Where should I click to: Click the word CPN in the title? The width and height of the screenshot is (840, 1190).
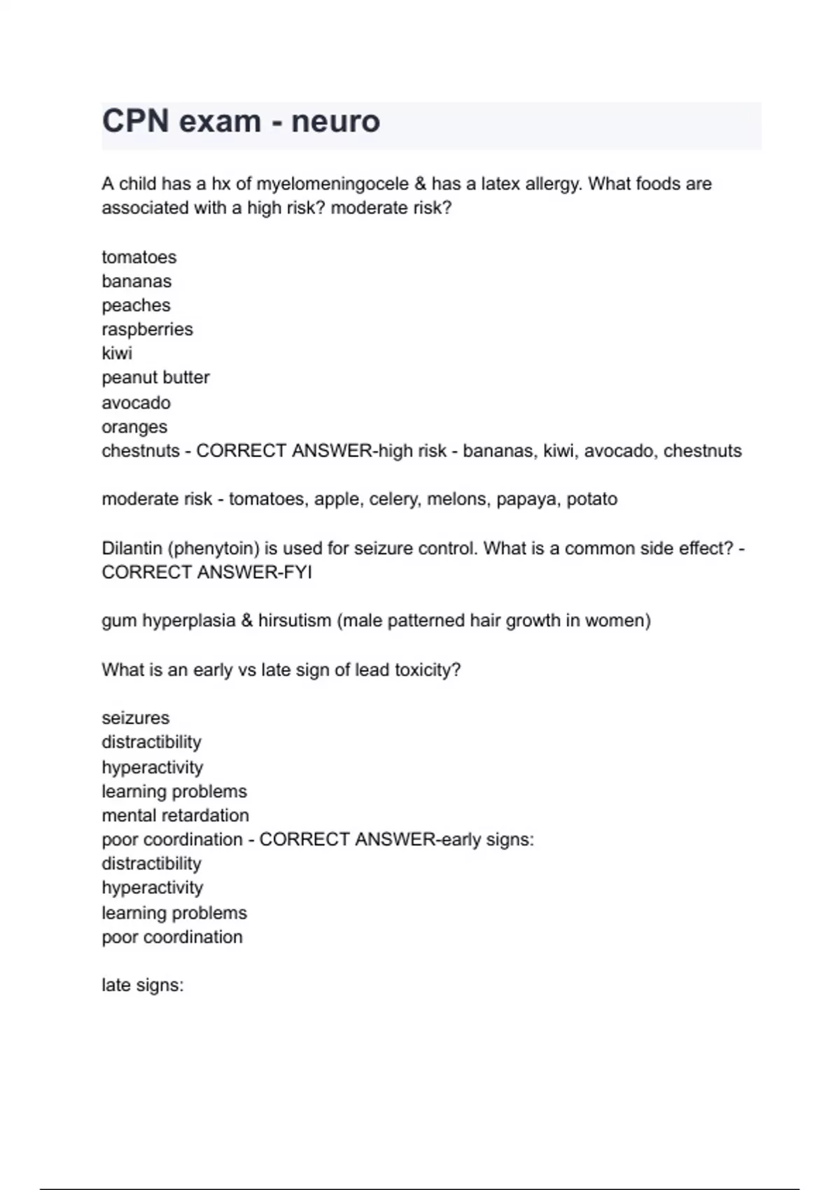[x=135, y=121]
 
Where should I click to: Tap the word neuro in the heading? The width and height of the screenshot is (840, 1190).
[x=335, y=121]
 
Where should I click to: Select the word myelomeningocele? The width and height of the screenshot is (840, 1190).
[x=332, y=184]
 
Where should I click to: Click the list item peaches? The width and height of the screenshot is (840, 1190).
[x=136, y=305]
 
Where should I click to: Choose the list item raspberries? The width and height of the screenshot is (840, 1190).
[x=147, y=329]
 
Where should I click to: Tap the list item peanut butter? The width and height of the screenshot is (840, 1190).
[x=155, y=377]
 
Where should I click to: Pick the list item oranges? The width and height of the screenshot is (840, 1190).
[x=134, y=426]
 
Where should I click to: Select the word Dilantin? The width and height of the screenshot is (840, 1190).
[x=132, y=548]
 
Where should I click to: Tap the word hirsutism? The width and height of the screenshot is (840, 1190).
[x=294, y=621]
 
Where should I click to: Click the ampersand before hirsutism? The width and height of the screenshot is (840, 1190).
[x=246, y=621]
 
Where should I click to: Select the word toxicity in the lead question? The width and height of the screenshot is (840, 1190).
[x=427, y=670]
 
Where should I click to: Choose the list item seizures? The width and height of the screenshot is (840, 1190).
[x=135, y=718]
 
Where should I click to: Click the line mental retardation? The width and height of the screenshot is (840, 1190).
[x=175, y=815]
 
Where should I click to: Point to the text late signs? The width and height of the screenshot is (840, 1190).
[x=142, y=986]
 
